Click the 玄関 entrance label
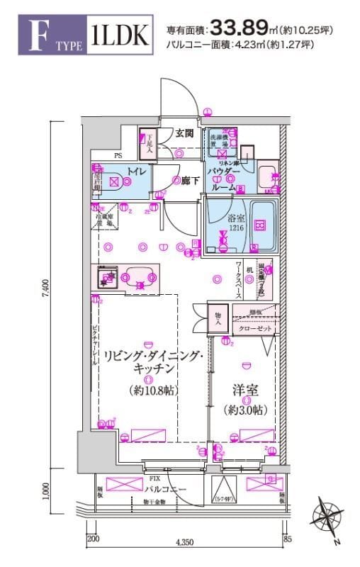tap(185, 133)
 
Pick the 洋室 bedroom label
tap(244, 389)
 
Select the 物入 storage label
tap(218, 318)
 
